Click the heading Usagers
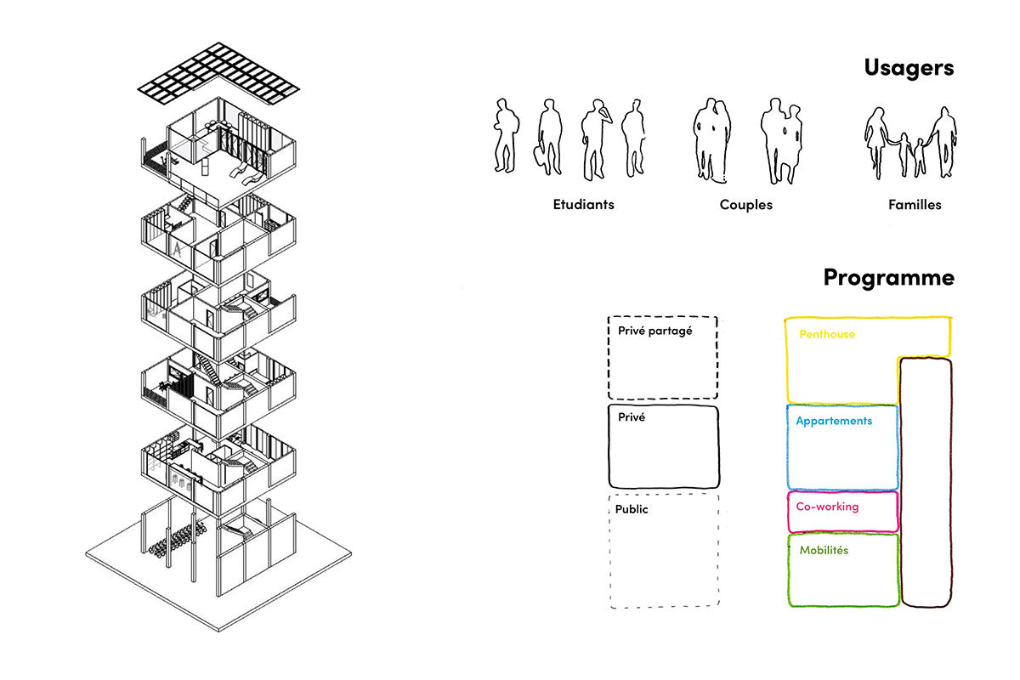(x=909, y=68)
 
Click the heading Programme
(x=889, y=277)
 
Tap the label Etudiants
(x=583, y=205)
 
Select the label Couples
(x=746, y=205)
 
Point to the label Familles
(x=915, y=205)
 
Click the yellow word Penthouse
(x=827, y=334)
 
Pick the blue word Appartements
(x=834, y=422)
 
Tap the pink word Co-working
(x=827, y=507)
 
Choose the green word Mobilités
(x=824, y=550)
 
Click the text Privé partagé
(x=654, y=331)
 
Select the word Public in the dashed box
(x=632, y=509)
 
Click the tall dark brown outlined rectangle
(x=902, y=483)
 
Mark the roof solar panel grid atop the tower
(x=218, y=73)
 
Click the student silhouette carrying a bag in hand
(x=547, y=137)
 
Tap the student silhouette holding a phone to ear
(x=596, y=139)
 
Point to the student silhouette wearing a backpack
(x=506, y=135)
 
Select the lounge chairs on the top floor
(x=246, y=174)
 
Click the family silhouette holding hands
(x=909, y=143)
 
